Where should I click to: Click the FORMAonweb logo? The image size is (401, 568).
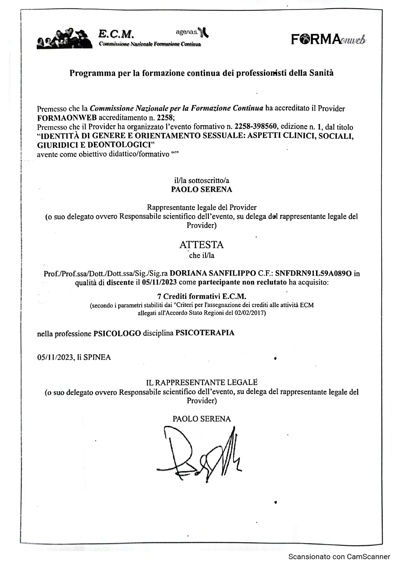pyautogui.click(x=329, y=39)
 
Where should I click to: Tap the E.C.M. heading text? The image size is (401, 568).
pyautogui.click(x=116, y=34)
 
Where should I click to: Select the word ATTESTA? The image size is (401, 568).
pyautogui.click(x=201, y=245)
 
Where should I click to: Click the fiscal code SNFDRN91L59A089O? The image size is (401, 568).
pyautogui.click(x=313, y=273)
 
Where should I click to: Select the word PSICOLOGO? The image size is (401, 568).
pyautogui.click(x=117, y=333)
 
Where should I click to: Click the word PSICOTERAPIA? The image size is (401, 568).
pyautogui.click(x=205, y=333)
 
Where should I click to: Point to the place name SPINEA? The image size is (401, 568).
pyautogui.click(x=97, y=357)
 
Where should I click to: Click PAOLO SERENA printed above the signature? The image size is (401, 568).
pyautogui.click(x=201, y=419)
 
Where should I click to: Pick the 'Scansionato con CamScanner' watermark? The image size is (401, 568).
pyautogui.click(x=339, y=557)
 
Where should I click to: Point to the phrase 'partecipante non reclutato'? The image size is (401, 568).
pyautogui.click(x=242, y=282)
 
